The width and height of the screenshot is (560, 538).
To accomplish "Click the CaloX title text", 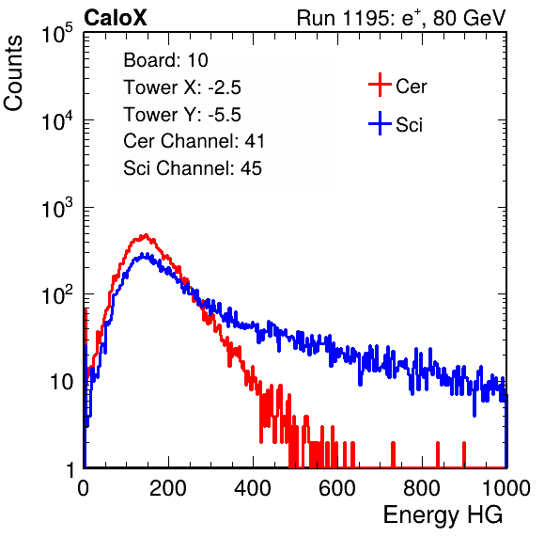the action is pos(116,18).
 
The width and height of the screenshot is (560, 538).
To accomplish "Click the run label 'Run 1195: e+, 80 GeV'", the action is pos(401,18).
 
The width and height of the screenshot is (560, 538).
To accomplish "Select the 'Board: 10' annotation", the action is pos(165,60).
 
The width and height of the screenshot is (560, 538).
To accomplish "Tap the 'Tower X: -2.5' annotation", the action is pos(182,87).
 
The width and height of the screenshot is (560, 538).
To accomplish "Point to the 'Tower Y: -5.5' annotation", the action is pos(182,115).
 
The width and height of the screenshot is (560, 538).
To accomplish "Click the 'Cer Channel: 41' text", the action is pos(194,141).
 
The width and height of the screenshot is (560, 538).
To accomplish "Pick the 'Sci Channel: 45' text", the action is pos(193,168).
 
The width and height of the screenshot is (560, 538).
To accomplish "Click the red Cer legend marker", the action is pos(380,85).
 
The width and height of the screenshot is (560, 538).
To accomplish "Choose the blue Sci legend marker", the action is pos(380,123).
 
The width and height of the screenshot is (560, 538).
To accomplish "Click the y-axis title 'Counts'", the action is pos(13,73).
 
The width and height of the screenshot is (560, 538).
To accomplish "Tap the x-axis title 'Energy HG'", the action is pos(443,515).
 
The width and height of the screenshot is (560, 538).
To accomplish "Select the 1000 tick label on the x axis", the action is pos(506,488).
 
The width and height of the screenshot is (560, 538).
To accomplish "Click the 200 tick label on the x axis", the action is pos(168,488).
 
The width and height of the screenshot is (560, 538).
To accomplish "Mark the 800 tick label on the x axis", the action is pos(422,488).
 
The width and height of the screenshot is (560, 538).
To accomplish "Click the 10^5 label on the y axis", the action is pos(57,34).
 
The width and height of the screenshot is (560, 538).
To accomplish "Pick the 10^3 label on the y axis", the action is pos(57,209).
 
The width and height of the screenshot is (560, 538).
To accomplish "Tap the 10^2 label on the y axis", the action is pos(57,295).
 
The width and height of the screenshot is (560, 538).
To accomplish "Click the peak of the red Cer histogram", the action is pos(145,235).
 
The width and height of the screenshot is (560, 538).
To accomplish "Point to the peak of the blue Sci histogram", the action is pos(142,255).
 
